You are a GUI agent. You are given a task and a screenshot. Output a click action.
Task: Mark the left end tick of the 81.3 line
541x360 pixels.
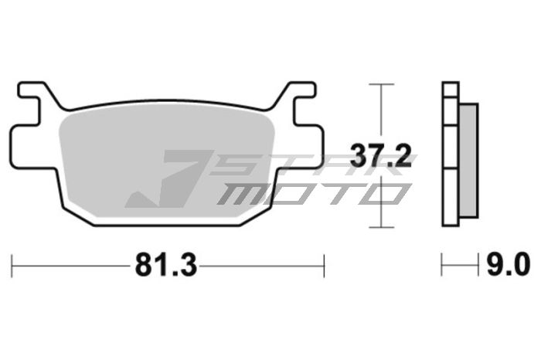click(12, 266)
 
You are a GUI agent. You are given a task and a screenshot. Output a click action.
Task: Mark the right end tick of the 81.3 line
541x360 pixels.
click(324, 266)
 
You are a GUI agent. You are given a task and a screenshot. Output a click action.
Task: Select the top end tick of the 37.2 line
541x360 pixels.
click(378, 84)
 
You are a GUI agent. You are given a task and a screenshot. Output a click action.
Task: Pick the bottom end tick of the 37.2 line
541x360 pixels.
click(378, 227)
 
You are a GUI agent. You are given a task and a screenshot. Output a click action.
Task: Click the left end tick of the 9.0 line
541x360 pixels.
click(442, 266)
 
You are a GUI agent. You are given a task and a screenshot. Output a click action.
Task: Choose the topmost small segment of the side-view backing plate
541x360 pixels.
click(451, 89)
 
